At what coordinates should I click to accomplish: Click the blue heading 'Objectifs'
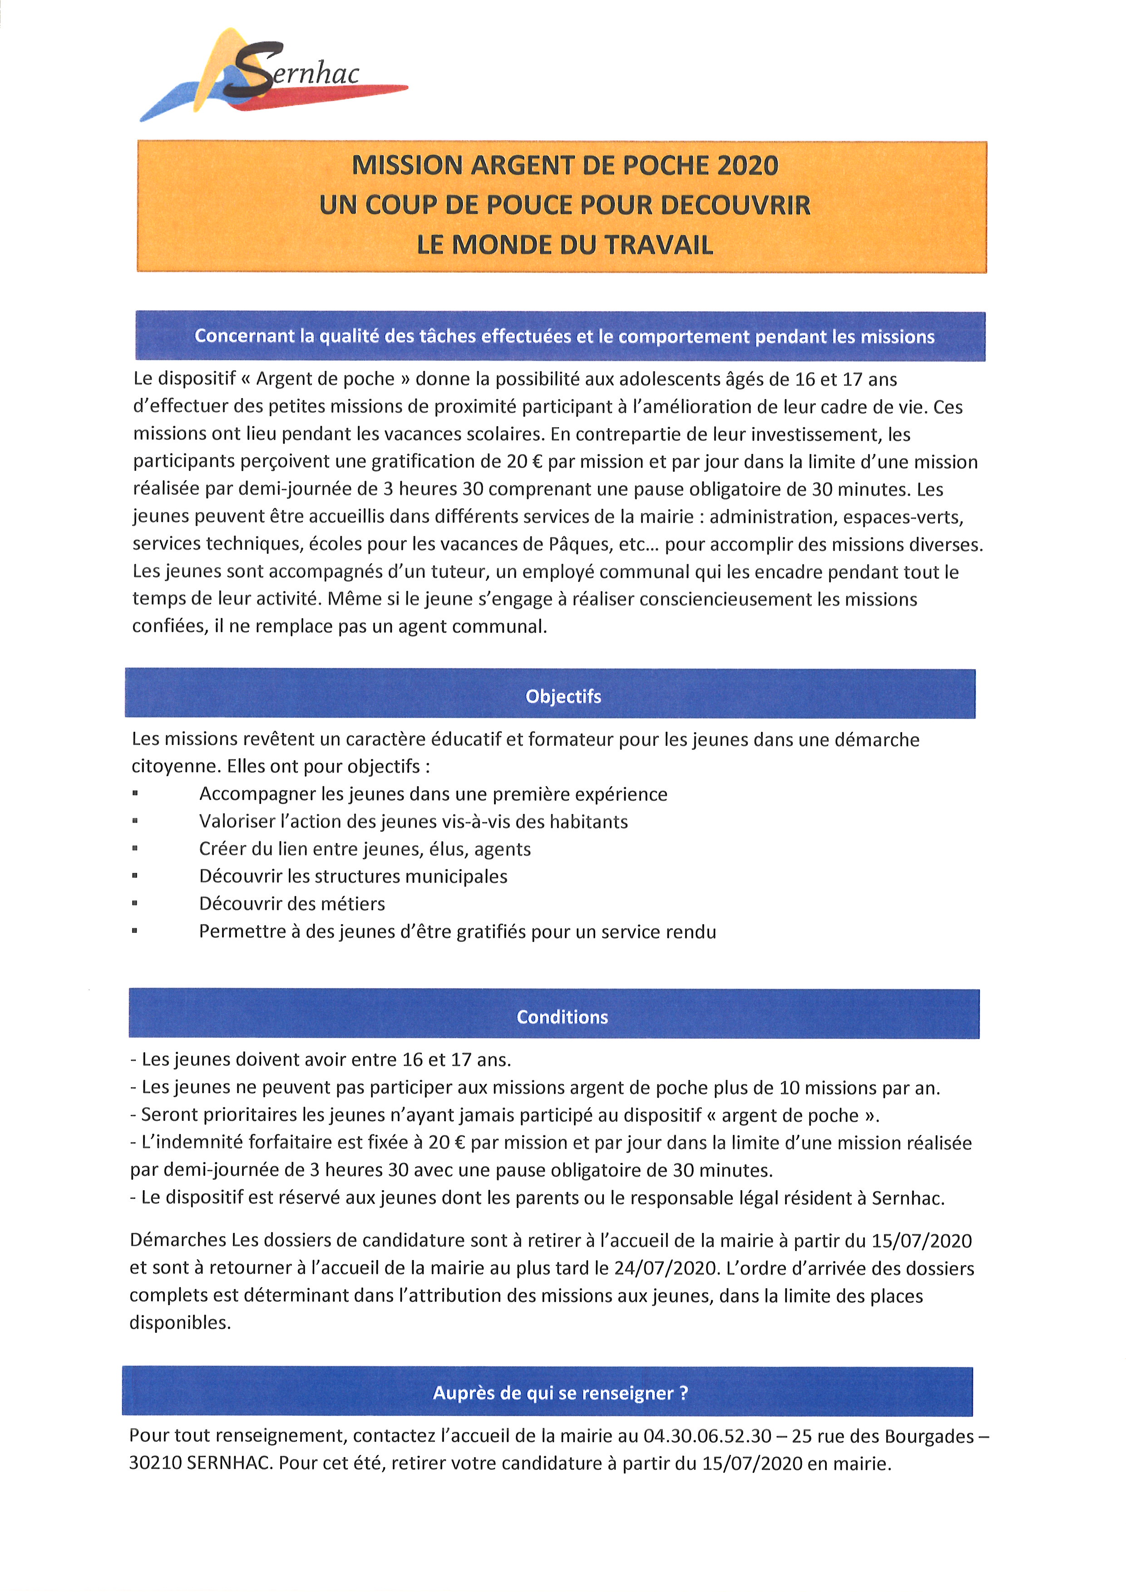[563, 696]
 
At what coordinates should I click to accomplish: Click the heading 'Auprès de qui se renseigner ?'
[560, 1393]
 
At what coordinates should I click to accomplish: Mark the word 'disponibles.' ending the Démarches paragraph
[180, 1323]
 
